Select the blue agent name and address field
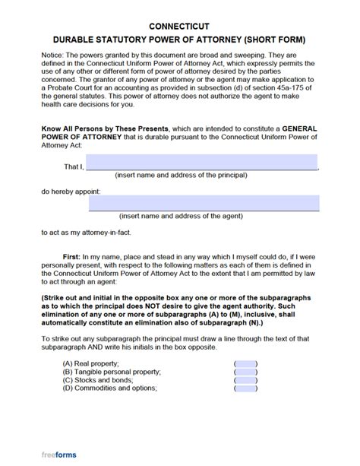point(204,203)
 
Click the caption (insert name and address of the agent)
point(191,216)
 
